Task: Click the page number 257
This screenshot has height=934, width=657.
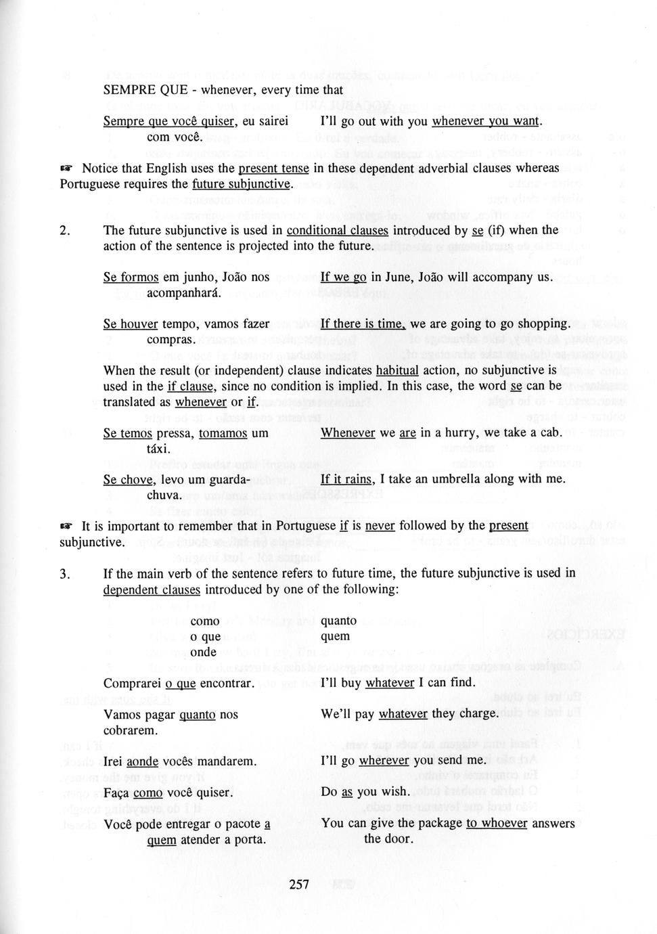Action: pos(298,884)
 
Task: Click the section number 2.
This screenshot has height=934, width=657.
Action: pos(64,231)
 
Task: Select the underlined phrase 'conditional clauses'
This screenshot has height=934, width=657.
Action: pos(337,231)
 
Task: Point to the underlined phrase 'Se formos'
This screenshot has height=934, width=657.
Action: pos(131,277)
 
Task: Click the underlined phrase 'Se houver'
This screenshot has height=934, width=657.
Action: pos(131,324)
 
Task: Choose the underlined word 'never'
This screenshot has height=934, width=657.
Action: pos(380,526)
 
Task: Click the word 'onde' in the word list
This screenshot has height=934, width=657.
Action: pos(203,652)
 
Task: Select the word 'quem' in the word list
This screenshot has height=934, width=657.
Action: pos(336,636)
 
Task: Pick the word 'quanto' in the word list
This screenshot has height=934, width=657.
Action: pos(338,621)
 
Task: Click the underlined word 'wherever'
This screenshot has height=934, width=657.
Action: pos(384,761)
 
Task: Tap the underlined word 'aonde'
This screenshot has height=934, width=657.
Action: pos(142,761)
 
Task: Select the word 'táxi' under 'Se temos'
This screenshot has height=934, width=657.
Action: pos(158,449)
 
